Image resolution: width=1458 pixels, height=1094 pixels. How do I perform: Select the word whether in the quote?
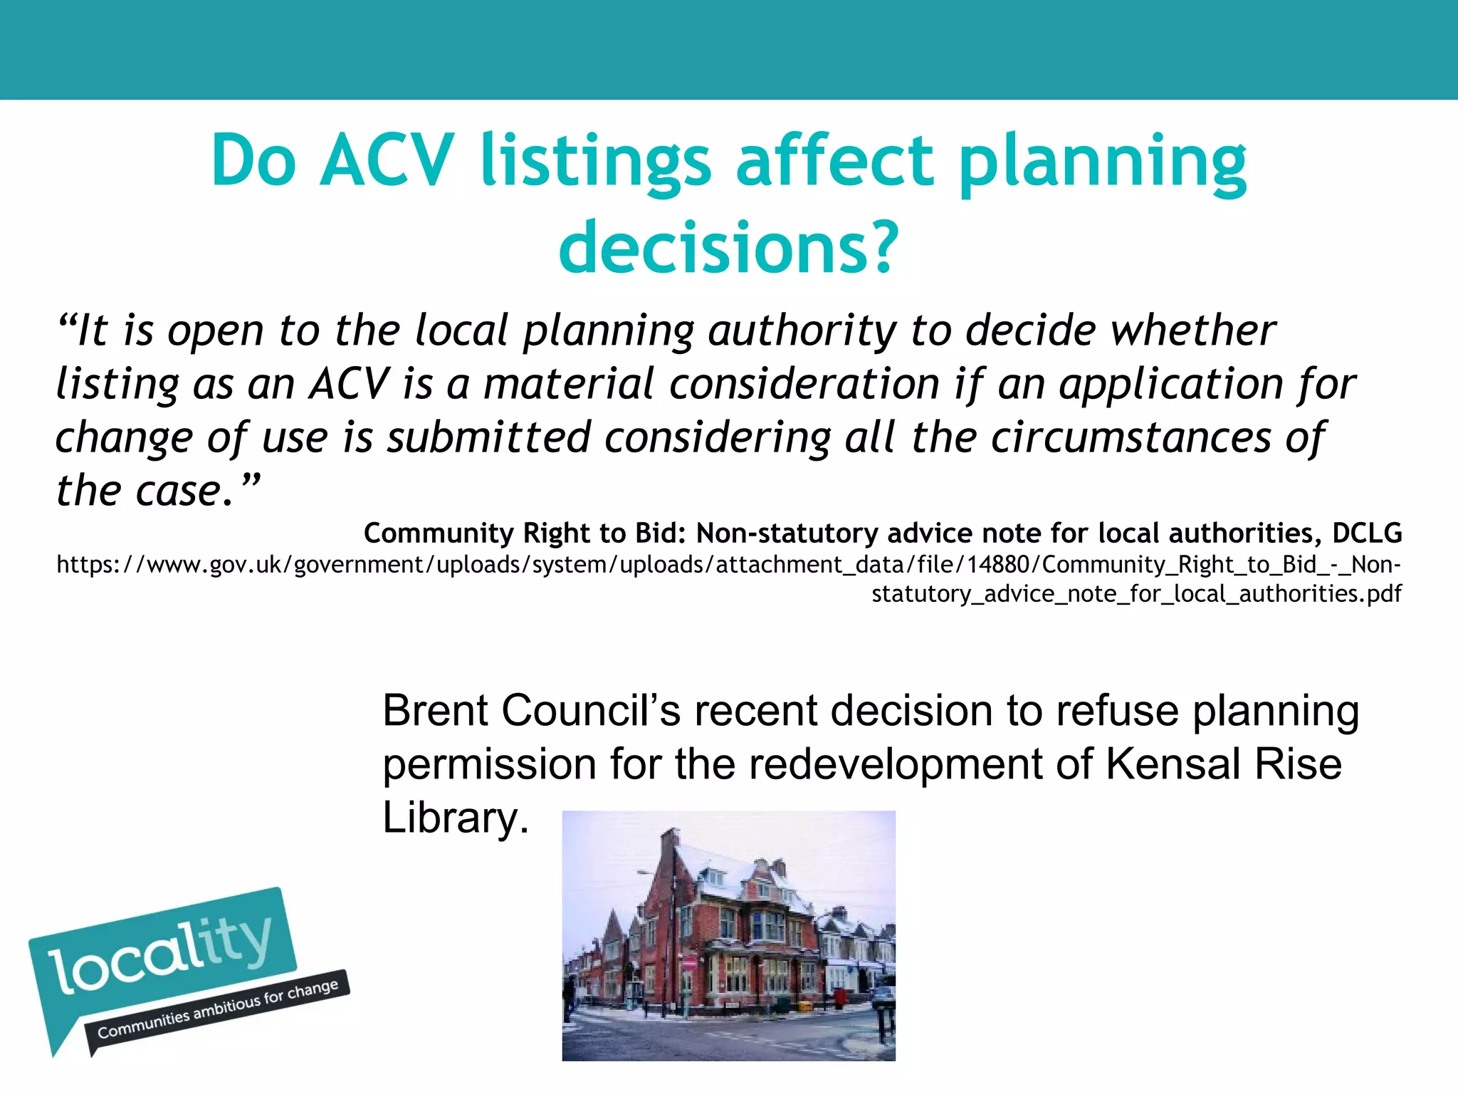pyautogui.click(x=1192, y=330)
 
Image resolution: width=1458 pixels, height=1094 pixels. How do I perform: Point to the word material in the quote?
pyautogui.click(x=568, y=384)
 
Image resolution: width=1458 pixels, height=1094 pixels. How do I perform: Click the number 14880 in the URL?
pyautogui.click(x=998, y=564)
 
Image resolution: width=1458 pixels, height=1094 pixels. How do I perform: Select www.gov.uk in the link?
pyautogui.click(x=214, y=564)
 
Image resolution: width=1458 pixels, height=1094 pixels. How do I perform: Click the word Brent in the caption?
pyautogui.click(x=436, y=711)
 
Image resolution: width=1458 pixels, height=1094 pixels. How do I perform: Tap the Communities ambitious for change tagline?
pyautogui.click(x=218, y=1009)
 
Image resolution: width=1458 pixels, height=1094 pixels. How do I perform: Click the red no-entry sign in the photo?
pyautogui.click(x=688, y=963)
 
